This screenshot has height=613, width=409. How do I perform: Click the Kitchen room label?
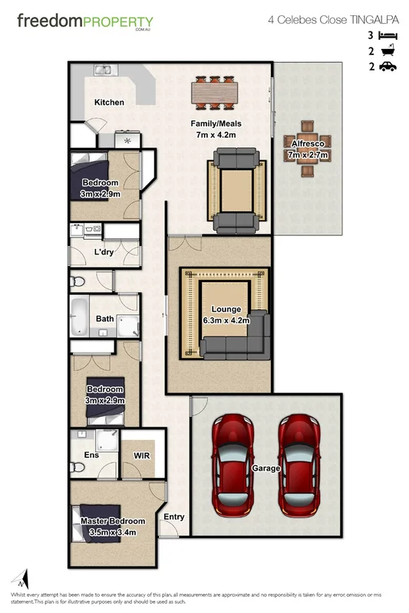click(x=109, y=102)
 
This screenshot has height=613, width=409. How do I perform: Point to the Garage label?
click(x=266, y=468)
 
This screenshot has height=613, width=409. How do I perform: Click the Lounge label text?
click(x=226, y=310)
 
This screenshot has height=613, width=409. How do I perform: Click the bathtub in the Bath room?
click(x=78, y=316)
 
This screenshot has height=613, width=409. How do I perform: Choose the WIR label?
click(x=142, y=456)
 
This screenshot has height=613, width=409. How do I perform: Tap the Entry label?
click(x=174, y=516)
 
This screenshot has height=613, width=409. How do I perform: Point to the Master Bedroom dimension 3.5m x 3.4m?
click(x=113, y=531)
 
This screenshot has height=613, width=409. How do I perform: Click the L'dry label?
click(x=105, y=252)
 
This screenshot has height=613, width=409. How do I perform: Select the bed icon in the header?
click(x=388, y=35)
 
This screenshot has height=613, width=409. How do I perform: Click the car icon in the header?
click(x=388, y=67)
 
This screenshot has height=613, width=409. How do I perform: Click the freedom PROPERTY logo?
click(x=85, y=22)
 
